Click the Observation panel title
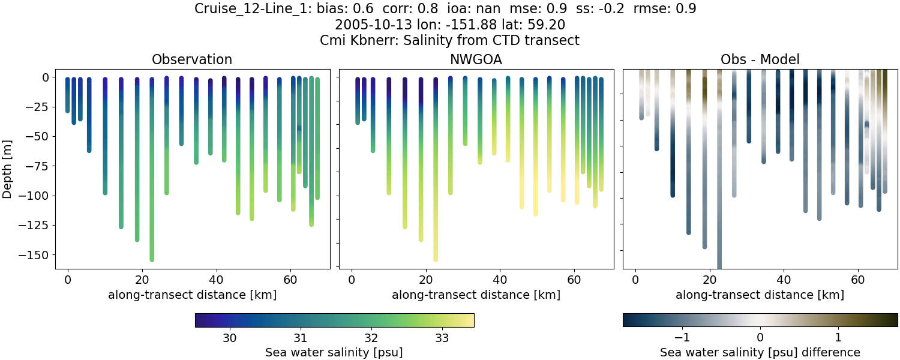point(192,59)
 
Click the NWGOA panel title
point(476,59)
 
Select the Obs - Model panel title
point(760,59)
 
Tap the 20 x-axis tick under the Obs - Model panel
point(710,280)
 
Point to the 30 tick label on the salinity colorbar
point(230,338)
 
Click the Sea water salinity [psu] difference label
point(760,352)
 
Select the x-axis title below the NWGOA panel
point(476,295)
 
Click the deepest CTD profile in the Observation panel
point(152,180)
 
